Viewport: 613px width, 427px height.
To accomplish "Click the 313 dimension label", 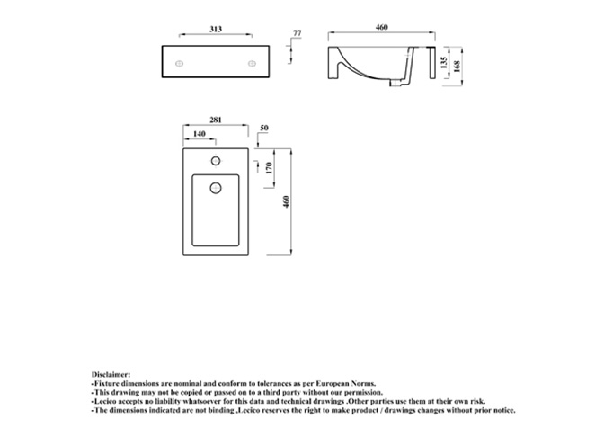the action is pos(216,29).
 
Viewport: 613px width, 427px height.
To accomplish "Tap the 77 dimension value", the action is pos(298,33).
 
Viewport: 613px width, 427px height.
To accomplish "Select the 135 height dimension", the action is pos(444,63).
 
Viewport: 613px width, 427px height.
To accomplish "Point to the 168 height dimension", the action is pos(457,66).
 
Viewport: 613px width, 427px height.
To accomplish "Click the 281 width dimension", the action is pos(216,120).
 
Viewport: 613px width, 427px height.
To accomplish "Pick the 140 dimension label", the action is pos(199,134).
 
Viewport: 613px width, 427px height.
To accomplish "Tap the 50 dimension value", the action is pos(264,128).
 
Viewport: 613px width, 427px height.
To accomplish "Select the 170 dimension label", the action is pos(269,168).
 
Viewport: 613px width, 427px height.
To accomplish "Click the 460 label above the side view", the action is pos(382,27).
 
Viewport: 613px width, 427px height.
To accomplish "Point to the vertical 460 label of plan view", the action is pos(286,201).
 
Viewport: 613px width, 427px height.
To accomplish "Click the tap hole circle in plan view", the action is pos(216,161).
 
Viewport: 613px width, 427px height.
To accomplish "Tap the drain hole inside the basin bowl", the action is pos(216,188).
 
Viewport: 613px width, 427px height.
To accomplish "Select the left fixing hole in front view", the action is pos(180,64).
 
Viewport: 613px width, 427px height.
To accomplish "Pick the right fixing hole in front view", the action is pos(252,64).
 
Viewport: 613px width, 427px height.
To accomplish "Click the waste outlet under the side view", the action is pos(396,83).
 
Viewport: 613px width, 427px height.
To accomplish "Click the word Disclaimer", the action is pos(111,374).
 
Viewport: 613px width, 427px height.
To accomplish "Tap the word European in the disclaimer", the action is pos(333,383).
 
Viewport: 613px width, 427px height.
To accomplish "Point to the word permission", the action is pos(364,393).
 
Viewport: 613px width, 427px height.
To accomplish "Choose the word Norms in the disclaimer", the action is pos(363,383).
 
